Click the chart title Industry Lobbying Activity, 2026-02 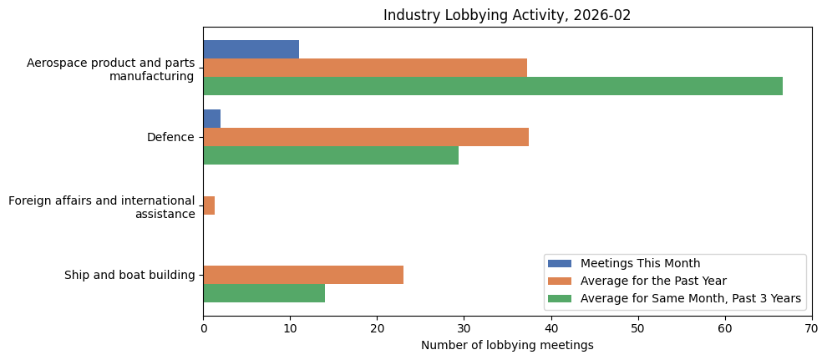click(506, 15)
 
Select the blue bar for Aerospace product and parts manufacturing click(251, 49)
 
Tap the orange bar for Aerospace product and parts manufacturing click(365, 68)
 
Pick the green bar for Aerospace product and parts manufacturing click(493, 86)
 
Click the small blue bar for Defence click(211, 119)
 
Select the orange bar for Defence click(366, 137)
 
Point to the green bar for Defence click(331, 155)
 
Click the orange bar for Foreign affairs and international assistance click(209, 205)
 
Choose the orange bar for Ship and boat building click(303, 275)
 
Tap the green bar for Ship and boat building click(264, 293)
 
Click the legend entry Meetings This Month click(640, 264)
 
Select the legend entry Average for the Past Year click(653, 281)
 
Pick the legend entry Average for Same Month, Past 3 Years click(690, 298)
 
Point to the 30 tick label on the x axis click(464, 329)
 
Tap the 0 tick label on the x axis click(203, 329)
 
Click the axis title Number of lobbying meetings click(507, 346)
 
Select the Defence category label click(170, 138)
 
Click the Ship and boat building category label click(129, 276)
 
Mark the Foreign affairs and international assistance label click(101, 207)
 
